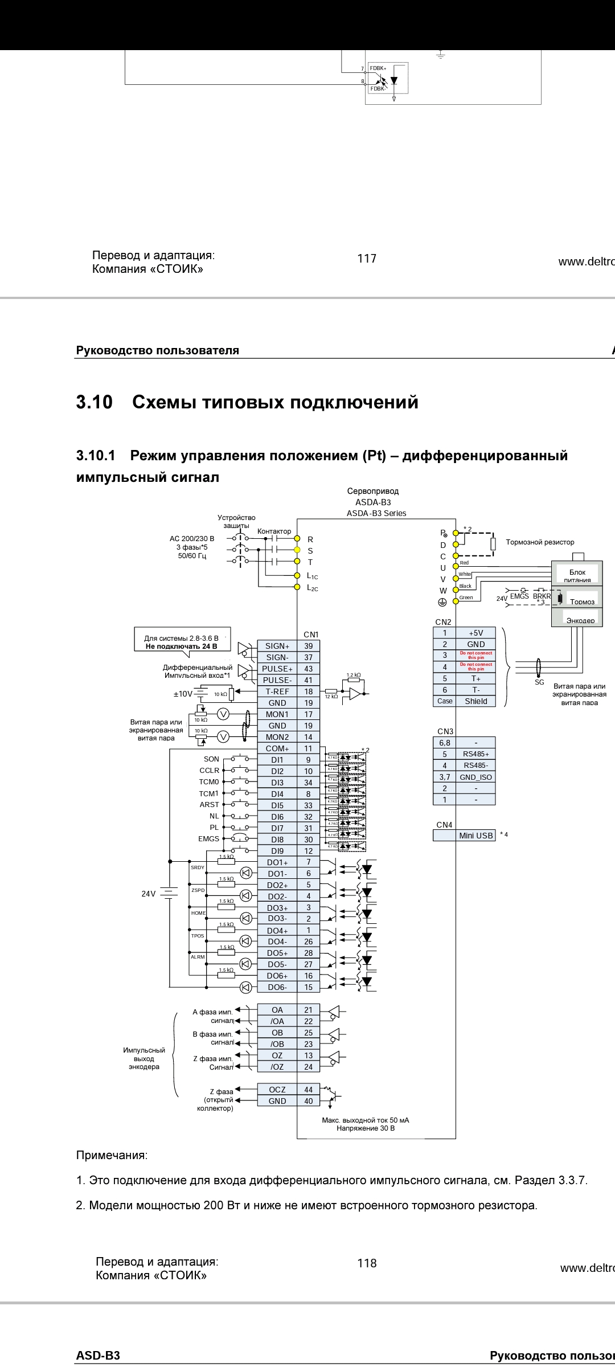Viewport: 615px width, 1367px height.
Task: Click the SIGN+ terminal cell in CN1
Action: click(x=277, y=646)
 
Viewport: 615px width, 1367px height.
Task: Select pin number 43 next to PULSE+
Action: click(x=308, y=669)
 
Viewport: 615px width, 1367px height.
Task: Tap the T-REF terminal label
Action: click(x=277, y=691)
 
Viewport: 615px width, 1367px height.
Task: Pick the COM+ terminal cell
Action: click(x=277, y=748)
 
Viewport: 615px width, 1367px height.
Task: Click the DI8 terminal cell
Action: click(x=277, y=839)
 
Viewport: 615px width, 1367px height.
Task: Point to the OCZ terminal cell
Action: click(x=277, y=1090)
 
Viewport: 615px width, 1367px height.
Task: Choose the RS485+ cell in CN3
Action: click(x=475, y=754)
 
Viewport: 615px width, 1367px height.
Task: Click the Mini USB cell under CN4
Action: click(x=475, y=836)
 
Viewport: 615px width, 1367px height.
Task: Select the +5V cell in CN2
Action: click(x=475, y=633)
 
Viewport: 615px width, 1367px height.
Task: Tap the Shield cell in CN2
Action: click(x=475, y=701)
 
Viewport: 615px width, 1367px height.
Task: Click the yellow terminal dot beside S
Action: click(x=297, y=550)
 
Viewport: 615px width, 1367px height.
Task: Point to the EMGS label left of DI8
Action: click(x=208, y=839)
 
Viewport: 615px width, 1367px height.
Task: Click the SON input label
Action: click(x=211, y=759)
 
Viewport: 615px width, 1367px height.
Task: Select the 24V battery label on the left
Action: click(x=148, y=894)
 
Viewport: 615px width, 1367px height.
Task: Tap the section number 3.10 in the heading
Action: click(x=95, y=403)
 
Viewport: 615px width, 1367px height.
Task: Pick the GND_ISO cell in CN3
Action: click(x=475, y=777)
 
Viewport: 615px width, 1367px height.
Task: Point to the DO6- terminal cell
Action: click(x=277, y=987)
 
